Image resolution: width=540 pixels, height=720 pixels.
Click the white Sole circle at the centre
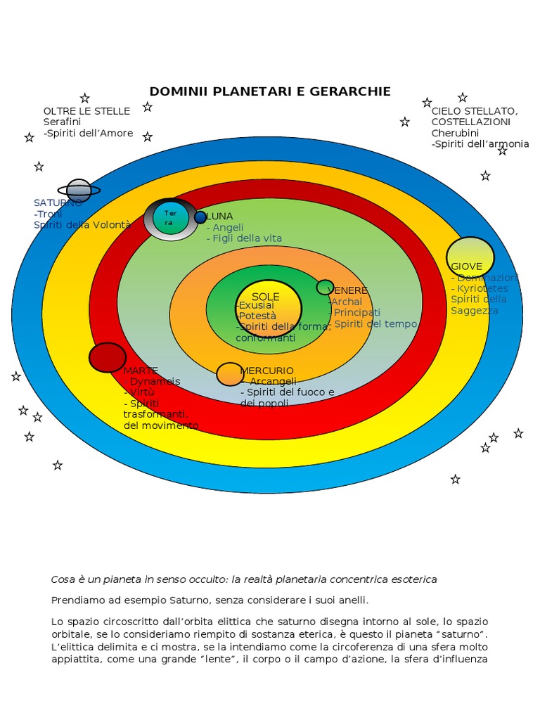[268, 308]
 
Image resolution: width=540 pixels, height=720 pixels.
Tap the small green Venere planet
[325, 287]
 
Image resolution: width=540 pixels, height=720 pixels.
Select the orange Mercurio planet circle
[230, 374]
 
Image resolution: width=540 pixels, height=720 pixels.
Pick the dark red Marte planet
[108, 357]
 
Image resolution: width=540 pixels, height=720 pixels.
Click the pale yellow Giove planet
[470, 257]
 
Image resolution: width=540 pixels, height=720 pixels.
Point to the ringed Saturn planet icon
[79, 191]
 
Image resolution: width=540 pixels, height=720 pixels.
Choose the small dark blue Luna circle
[200, 217]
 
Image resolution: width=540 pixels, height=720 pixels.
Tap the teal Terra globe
[171, 218]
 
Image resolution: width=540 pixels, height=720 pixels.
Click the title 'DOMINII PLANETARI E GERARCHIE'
[270, 91]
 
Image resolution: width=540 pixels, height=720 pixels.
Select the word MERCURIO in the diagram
[267, 371]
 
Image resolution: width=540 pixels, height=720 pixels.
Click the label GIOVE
[467, 266]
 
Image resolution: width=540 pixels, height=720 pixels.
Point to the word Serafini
[63, 122]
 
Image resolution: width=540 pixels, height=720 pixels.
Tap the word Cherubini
[455, 133]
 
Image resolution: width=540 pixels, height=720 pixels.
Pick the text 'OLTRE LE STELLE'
[86, 111]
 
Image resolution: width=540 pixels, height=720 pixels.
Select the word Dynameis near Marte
[155, 381]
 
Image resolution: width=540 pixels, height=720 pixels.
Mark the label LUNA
[219, 217]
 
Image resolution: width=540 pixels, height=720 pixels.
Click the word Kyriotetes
[482, 288]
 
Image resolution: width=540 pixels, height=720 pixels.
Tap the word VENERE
[348, 290]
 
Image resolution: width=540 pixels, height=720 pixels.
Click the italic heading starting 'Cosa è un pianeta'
[244, 579]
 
